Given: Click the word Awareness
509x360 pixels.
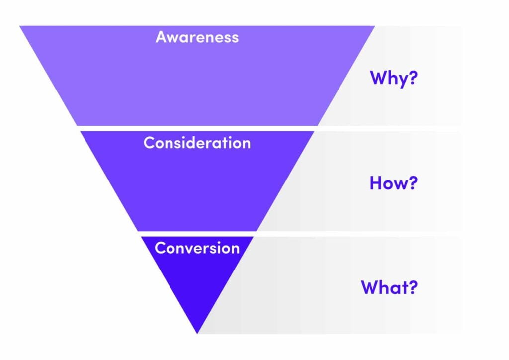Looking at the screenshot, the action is (197, 37).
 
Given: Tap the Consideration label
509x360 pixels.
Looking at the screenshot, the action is (197, 143).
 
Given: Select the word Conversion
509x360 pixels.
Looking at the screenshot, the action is (197, 248).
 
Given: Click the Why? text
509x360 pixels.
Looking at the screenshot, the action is (394, 79).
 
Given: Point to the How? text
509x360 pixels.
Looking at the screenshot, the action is (394, 182).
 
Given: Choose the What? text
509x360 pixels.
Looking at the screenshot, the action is (389, 287).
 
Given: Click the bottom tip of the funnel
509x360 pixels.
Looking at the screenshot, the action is (197, 333).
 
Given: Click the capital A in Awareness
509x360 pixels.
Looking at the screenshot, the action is (162, 37).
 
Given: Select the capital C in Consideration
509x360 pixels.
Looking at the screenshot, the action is (149, 143).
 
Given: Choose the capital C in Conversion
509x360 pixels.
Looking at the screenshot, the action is (160, 248).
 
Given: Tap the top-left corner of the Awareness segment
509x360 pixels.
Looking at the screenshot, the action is (20, 26).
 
